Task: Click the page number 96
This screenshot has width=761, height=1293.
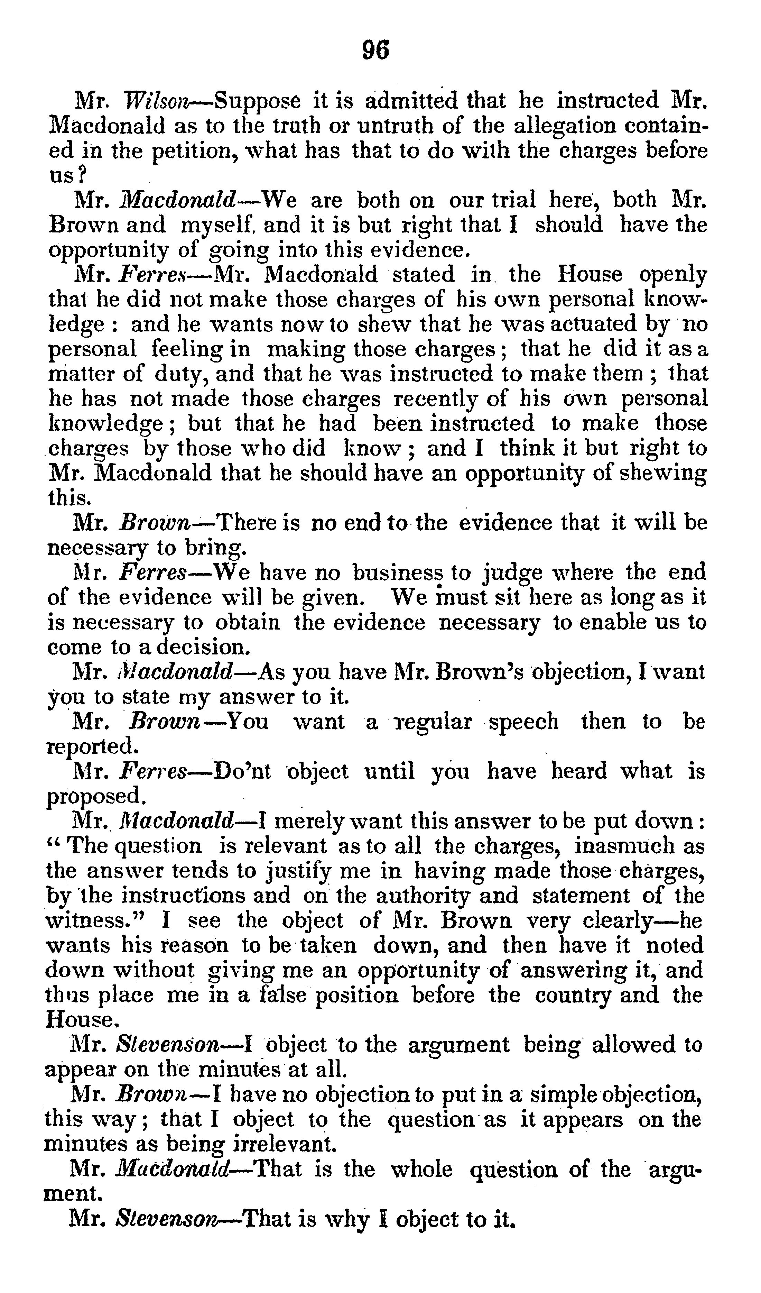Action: pyautogui.click(x=375, y=50)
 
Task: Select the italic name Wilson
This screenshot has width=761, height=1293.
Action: pyautogui.click(x=155, y=100)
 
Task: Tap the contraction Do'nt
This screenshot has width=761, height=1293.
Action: pyautogui.click(x=242, y=771)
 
